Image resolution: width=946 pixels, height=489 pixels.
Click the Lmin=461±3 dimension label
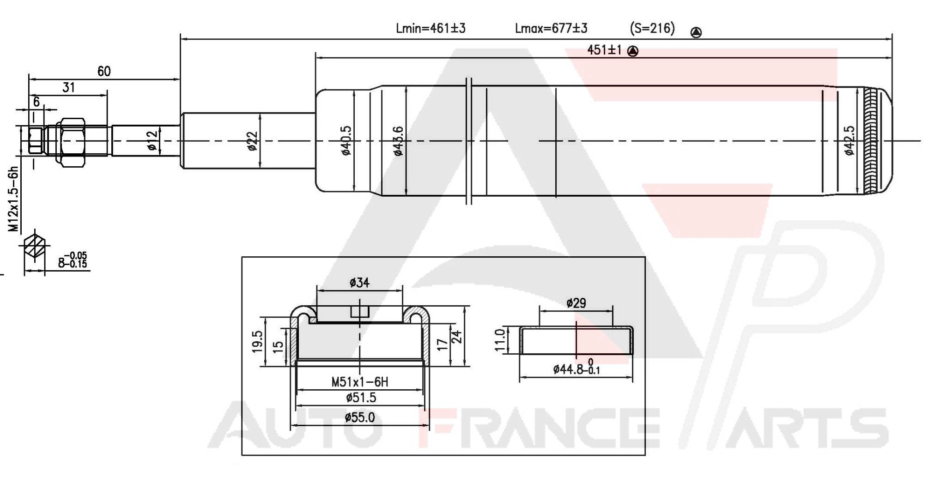(x=431, y=29)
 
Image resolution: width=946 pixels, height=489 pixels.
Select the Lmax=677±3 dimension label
(x=551, y=29)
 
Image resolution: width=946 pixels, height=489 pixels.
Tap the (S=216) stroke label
(x=652, y=29)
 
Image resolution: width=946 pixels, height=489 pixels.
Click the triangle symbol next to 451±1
(x=633, y=51)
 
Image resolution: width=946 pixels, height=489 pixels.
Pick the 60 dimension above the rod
(x=104, y=71)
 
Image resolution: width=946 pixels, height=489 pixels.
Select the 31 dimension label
(x=68, y=87)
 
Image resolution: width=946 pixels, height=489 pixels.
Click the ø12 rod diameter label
(x=152, y=140)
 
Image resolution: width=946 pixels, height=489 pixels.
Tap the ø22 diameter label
(x=253, y=141)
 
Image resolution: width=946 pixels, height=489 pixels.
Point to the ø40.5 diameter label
(x=346, y=141)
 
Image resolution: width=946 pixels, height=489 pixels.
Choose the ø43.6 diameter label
(x=398, y=141)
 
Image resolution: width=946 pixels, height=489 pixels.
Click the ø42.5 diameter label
(x=849, y=141)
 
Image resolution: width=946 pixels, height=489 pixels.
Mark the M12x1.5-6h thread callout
(x=14, y=199)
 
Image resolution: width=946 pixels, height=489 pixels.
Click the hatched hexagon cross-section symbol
(x=35, y=245)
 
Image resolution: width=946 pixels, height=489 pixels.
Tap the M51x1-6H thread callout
(x=359, y=382)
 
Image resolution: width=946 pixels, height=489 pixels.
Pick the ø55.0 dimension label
(x=359, y=418)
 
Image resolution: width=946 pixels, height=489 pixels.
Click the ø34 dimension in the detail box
(x=359, y=283)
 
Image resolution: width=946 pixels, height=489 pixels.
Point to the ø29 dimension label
(x=576, y=303)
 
